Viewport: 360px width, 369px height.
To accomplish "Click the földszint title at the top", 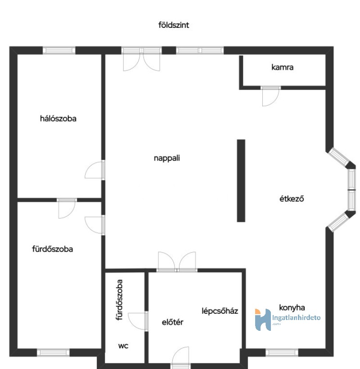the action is [x=174, y=25].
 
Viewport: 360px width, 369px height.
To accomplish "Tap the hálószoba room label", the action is [x=58, y=118].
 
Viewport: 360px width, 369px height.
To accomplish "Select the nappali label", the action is [x=167, y=158].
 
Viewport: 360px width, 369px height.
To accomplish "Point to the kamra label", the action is [x=282, y=67].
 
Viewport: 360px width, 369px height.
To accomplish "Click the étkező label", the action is [x=292, y=199].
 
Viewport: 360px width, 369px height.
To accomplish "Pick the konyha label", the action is [x=292, y=307].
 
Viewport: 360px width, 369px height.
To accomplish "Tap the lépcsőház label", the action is [x=220, y=311].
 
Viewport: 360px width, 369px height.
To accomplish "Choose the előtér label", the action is [x=172, y=322].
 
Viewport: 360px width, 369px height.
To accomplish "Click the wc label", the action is [x=123, y=346].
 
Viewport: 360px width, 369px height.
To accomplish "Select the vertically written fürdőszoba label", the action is [x=119, y=300].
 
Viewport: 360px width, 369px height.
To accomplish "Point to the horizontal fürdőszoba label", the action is [x=53, y=249].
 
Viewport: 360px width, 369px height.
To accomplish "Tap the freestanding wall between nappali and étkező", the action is [x=241, y=181].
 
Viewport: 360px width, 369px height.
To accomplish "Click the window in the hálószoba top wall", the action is [x=59, y=50].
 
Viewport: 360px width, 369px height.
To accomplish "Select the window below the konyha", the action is [x=282, y=352].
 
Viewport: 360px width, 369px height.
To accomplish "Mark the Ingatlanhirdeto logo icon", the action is [x=263, y=320].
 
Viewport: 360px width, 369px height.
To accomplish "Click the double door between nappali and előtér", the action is [x=177, y=262].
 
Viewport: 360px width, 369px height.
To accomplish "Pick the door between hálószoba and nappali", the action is [x=95, y=170].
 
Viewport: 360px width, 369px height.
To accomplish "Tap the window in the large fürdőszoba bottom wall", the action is [x=53, y=352].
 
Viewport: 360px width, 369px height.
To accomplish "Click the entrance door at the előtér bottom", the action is [x=180, y=358].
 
